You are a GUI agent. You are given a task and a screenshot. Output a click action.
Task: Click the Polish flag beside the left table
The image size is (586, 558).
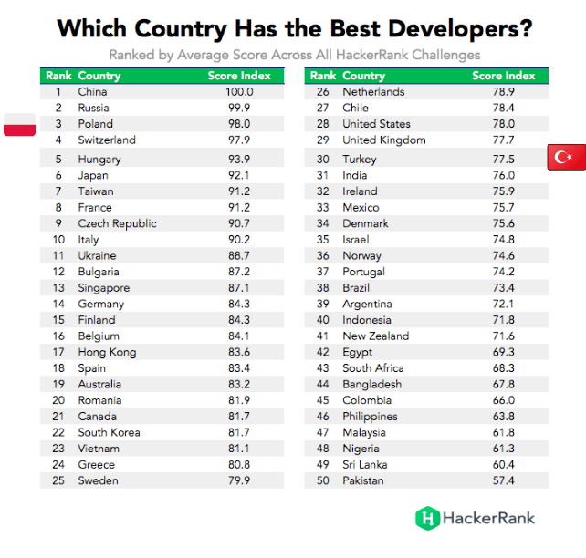tap(19, 124)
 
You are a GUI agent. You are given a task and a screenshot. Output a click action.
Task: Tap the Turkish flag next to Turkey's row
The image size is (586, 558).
tap(567, 157)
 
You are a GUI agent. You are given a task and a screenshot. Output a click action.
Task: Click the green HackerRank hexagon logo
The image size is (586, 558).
tap(427, 518)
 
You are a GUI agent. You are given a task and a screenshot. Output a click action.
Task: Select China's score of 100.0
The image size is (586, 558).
tap(239, 92)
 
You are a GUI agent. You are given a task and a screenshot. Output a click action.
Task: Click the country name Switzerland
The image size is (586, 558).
tap(107, 140)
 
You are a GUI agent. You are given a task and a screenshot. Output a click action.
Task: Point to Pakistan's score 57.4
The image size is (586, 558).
tap(504, 480)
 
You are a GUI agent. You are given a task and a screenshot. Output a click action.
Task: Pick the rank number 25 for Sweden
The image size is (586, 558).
tap(58, 480)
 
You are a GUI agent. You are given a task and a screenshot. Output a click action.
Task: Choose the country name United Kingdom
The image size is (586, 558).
tap(384, 140)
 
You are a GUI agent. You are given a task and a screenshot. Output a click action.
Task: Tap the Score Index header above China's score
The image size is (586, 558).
tap(239, 76)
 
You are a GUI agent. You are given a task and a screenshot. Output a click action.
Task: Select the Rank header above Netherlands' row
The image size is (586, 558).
tap(323, 76)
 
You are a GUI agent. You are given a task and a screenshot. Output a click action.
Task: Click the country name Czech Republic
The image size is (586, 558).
tap(118, 223)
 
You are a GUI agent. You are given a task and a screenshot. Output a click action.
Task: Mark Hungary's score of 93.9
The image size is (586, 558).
tap(239, 160)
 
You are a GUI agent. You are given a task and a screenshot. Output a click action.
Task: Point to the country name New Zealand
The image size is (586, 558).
tap(375, 336)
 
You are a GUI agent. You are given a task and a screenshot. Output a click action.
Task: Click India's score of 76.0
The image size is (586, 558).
tap(504, 175)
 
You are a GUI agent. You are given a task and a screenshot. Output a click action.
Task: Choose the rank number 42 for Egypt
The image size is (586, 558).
tap(323, 352)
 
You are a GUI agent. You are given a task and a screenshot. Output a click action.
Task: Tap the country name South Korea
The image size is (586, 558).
tap(110, 432)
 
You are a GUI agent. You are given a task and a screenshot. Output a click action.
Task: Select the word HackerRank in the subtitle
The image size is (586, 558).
tap(372, 55)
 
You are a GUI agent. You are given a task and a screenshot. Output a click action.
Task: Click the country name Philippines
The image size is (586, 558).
tap(370, 417)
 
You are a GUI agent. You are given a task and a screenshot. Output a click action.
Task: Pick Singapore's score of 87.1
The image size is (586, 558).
tap(239, 288)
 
